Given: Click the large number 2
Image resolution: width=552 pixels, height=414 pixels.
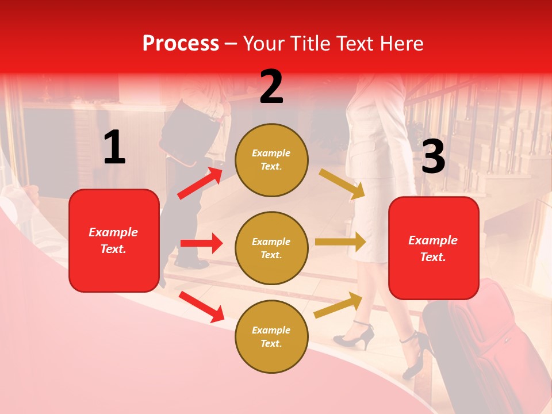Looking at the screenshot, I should [271, 87].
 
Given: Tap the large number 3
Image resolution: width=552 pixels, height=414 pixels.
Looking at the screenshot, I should [433, 156].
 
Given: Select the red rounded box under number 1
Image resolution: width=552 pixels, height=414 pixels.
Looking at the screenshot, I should [114, 240].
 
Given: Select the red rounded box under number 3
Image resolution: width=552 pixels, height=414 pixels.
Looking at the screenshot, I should [434, 248].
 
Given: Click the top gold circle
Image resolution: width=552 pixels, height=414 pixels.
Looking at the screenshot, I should [271, 160].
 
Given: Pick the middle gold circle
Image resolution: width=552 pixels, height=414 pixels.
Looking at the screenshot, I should [271, 248].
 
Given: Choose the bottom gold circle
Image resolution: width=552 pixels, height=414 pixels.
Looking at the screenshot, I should [271, 336].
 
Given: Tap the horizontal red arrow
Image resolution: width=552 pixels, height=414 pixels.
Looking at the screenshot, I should [201, 243].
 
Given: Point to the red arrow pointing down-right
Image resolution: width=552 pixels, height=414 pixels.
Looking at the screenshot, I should [202, 306].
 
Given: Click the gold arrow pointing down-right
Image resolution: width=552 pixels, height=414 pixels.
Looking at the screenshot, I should [342, 183].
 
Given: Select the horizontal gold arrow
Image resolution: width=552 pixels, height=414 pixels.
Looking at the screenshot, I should [340, 241].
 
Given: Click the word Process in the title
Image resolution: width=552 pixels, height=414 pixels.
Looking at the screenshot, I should [181, 43].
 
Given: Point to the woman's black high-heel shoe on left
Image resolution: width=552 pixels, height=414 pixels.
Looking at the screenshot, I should [354, 336].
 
